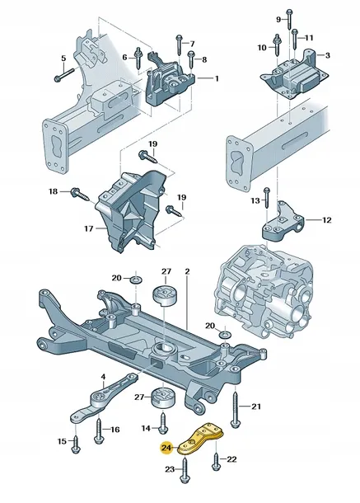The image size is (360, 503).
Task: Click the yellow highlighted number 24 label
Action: coord(166,448)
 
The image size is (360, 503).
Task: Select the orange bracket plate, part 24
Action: coord(201,438)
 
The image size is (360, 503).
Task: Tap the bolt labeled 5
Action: coord(64,74)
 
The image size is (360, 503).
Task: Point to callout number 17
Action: coord(89,228)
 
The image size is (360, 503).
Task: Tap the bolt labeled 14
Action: coord(163,423)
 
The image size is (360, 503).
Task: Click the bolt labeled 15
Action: coord(76,444)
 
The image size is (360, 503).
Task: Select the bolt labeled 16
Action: coord(98,431)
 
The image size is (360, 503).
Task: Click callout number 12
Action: coord(327,220)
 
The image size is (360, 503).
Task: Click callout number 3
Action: coord(327,55)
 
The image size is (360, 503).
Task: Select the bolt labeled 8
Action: coord(191,59)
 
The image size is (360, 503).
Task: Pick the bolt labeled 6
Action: coord(138,57)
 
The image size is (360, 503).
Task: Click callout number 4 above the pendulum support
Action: coord(103,377)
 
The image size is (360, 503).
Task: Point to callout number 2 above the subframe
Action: coord(187,271)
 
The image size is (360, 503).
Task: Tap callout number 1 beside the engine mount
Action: coord(217,78)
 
